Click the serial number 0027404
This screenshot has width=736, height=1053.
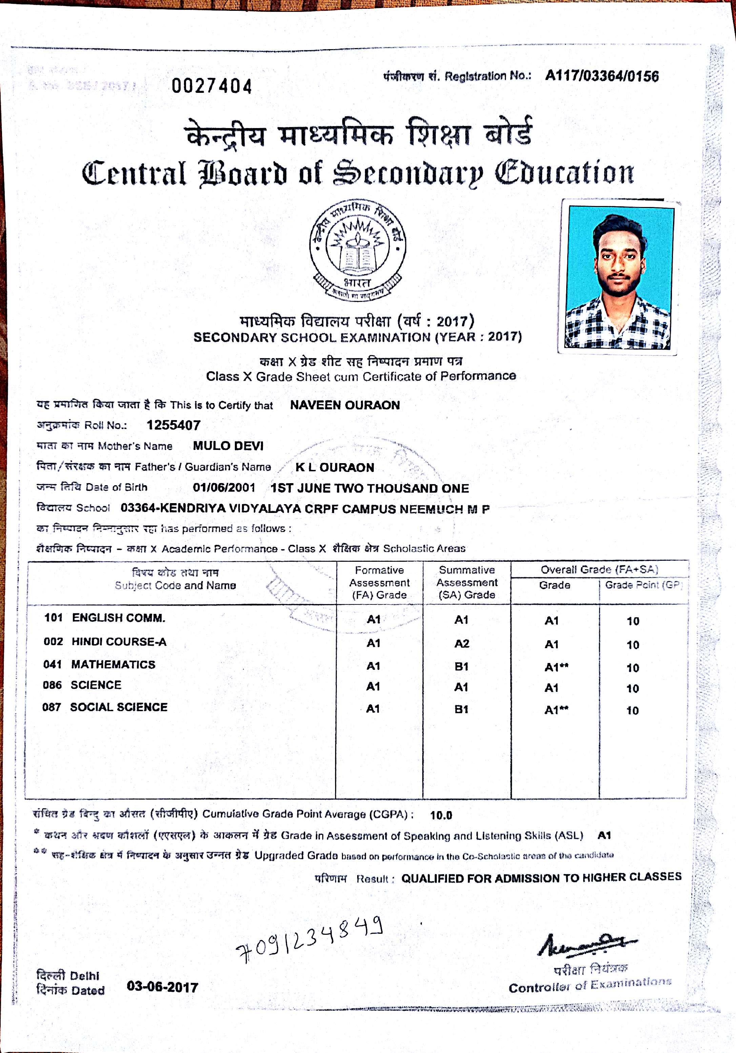212,86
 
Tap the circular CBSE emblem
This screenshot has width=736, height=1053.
357,250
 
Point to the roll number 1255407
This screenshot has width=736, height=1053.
173,425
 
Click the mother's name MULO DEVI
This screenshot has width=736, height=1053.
228,446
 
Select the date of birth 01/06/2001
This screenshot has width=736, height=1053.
224,487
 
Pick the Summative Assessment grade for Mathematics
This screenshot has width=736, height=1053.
461,666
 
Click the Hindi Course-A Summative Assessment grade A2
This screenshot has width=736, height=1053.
462,643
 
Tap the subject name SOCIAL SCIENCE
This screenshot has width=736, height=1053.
119,707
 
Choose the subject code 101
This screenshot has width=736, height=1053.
53,617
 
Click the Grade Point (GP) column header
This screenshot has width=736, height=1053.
643,585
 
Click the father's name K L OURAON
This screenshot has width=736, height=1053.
335,467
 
